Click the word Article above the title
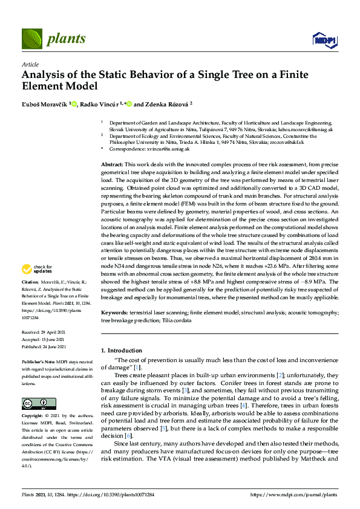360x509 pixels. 30,64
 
